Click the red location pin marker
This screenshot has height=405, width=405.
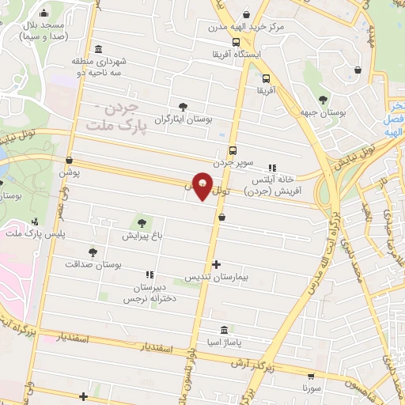tap(202, 186)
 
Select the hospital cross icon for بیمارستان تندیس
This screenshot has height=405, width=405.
tap(217, 265)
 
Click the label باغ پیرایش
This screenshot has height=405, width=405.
tap(142, 236)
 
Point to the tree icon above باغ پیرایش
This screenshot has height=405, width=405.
tap(142, 223)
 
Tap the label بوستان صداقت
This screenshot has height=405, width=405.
tap(94, 267)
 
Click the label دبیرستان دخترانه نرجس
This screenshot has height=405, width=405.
tap(150, 293)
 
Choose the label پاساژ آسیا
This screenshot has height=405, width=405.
tap(225, 342)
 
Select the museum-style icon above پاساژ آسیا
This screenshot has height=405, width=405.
tap(225, 329)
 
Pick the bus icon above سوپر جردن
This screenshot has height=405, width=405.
tap(233, 150)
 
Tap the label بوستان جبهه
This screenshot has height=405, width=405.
tap(323, 114)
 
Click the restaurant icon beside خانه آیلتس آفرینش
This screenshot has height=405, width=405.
tap(273, 168)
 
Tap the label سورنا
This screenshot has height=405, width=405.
tap(312, 390)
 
